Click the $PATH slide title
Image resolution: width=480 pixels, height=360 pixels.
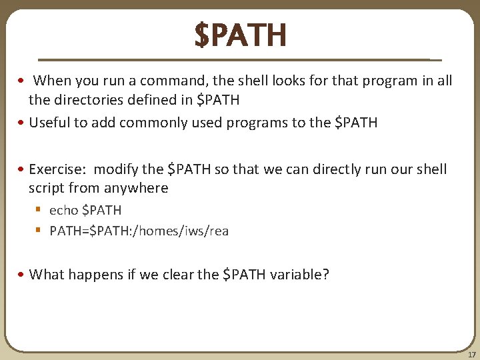[x=241, y=35]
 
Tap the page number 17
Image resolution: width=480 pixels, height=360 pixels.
[x=472, y=354]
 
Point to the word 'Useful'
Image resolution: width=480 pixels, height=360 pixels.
[x=49, y=123]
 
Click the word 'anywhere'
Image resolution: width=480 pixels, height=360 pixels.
[x=136, y=188]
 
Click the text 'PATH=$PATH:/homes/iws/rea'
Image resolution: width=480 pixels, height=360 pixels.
[x=139, y=231]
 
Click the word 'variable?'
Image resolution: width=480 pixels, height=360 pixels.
[x=299, y=275]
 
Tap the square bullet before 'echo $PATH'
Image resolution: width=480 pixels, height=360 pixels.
[x=39, y=211]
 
